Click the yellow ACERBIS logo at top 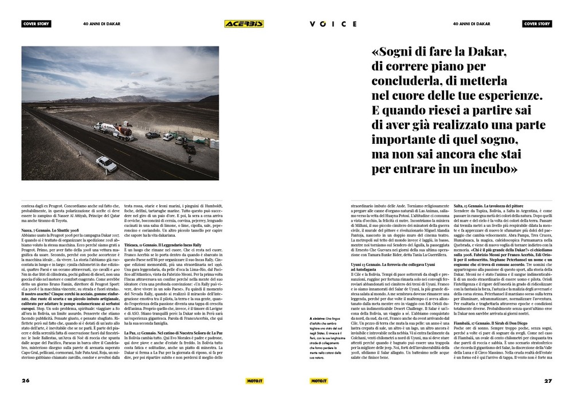[x=244, y=24]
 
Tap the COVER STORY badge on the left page [x=36, y=24]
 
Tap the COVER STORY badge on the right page [x=537, y=24]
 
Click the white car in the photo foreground [x=107, y=164]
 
